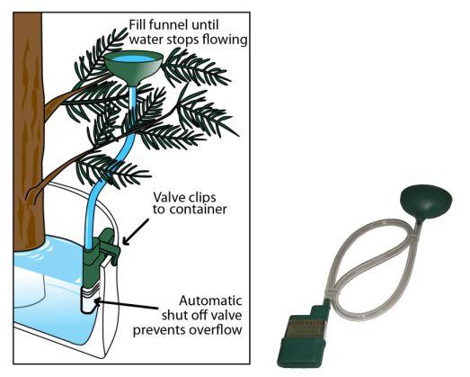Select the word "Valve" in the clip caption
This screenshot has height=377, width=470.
pyautogui.click(x=167, y=198)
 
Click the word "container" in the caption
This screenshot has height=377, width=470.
pyautogui.click(x=198, y=210)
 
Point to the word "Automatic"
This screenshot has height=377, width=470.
pyautogui.click(x=210, y=301)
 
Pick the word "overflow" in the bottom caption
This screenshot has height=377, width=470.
pyautogui.click(x=215, y=330)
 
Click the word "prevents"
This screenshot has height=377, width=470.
pyautogui.click(x=160, y=330)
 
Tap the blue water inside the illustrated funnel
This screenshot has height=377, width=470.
pyautogui.click(x=133, y=58)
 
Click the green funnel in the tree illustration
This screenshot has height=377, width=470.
pyautogui.click(x=133, y=68)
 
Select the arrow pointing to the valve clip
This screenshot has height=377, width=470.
pyautogui.click(x=136, y=231)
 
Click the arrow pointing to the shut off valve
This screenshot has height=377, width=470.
pyautogui.click(x=126, y=303)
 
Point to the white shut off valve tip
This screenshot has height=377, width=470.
pyautogui.click(x=90, y=300)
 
